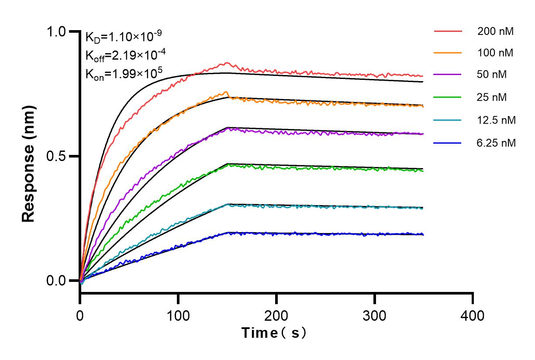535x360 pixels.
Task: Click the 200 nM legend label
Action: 495,31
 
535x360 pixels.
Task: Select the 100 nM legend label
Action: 495,53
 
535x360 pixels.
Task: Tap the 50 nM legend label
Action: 493,75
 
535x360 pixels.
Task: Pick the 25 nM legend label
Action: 493,97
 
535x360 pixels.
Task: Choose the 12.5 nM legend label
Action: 497,120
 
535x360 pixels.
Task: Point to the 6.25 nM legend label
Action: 497,142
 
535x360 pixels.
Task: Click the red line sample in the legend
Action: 448,31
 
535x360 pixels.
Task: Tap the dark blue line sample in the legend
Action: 448,142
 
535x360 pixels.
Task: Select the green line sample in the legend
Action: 448,97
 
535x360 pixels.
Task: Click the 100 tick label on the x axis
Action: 178,315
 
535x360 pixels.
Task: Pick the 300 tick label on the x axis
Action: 374,315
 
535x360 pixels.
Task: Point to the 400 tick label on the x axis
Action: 473,315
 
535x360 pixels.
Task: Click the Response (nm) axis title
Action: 29,156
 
